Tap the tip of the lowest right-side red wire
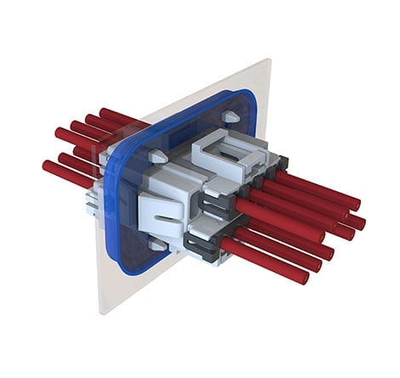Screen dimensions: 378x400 303,278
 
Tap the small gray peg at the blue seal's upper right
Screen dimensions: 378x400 228,117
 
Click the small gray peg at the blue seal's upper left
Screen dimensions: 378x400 157,155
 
